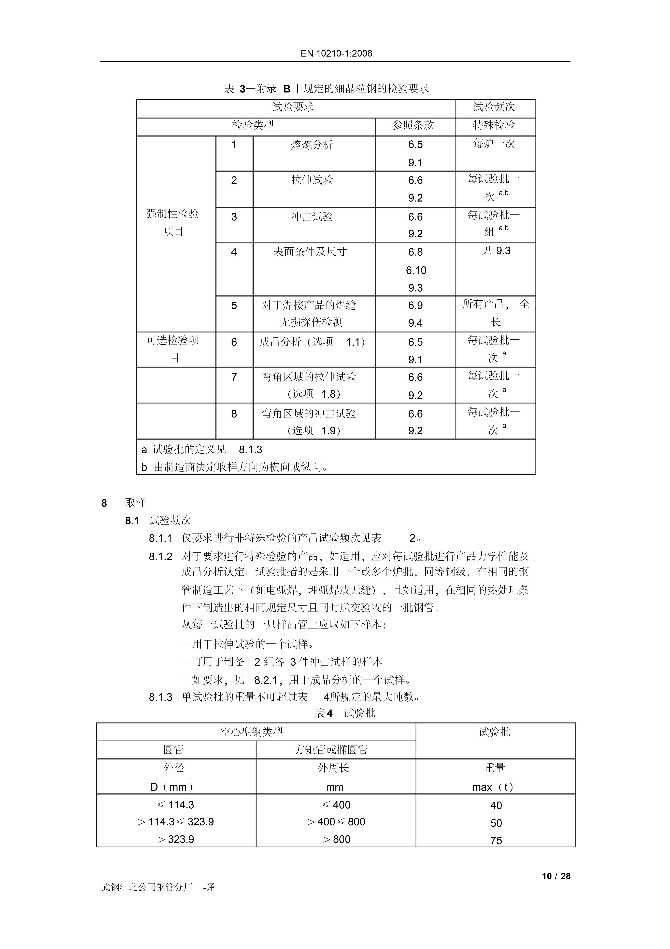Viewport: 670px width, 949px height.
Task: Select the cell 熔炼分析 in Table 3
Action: point(312,145)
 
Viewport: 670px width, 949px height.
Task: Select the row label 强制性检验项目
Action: point(173,222)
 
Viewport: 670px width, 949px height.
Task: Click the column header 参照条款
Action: point(413,125)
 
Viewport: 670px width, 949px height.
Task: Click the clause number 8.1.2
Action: point(160,556)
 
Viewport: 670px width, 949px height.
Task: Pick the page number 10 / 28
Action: point(556,876)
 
